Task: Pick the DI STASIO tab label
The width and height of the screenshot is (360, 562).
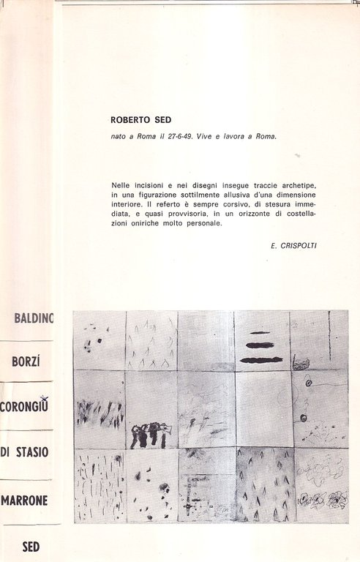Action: (25, 451)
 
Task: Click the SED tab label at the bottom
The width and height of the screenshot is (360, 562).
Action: (31, 546)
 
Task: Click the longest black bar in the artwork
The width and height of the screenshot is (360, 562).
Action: (261, 359)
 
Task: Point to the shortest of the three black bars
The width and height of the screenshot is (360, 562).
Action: (260, 333)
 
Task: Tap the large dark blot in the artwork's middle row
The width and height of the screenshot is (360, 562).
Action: (150, 435)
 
